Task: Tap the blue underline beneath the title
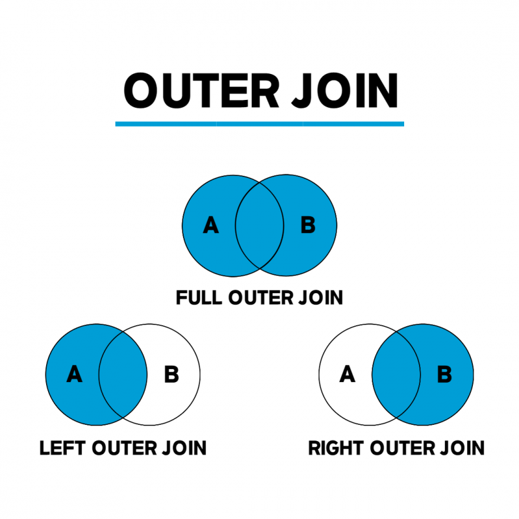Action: [259, 123]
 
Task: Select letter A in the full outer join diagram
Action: [211, 225]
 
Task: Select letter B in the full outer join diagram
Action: [308, 225]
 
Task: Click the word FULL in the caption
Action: [199, 298]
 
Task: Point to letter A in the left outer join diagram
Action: [75, 374]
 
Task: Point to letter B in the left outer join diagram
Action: [171, 374]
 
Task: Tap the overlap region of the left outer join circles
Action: [123, 374]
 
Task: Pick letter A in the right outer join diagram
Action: [348, 374]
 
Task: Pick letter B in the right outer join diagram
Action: [444, 374]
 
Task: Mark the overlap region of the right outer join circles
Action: [396, 374]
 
